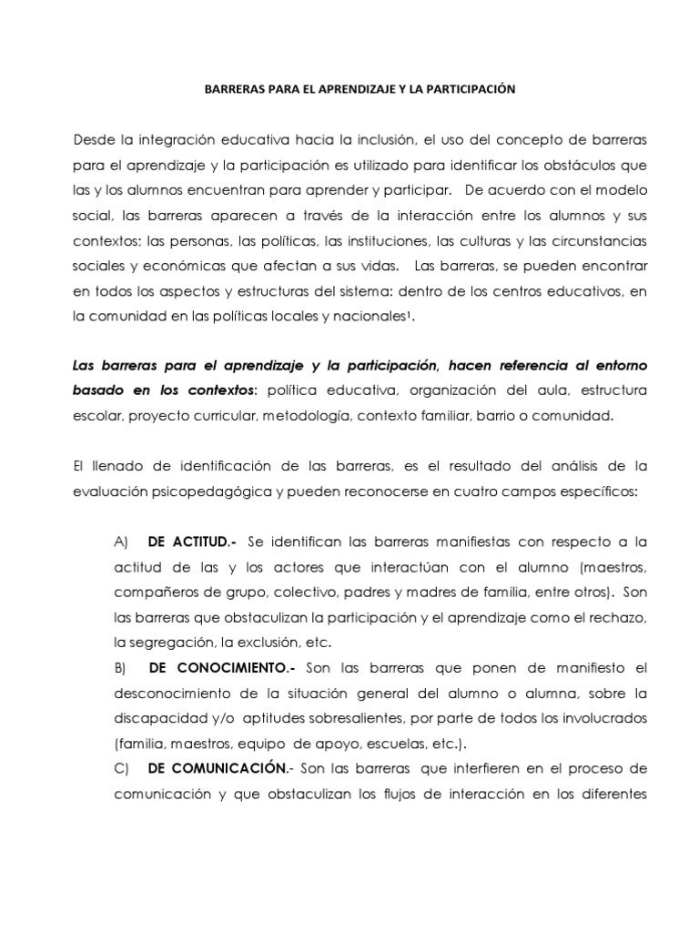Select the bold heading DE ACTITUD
pos(191,542)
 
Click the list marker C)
pos(124,767)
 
